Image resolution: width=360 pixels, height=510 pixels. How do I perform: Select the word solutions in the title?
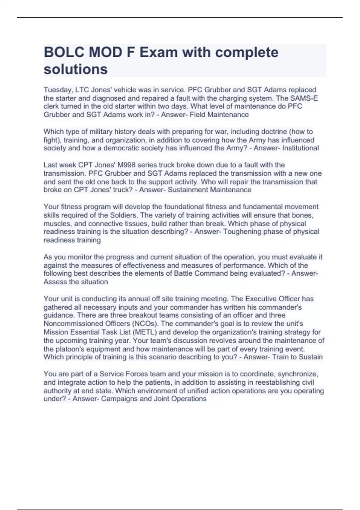point(76,69)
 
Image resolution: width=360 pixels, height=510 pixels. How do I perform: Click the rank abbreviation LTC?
point(82,90)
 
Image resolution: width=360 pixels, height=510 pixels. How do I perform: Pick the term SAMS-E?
point(306,98)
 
